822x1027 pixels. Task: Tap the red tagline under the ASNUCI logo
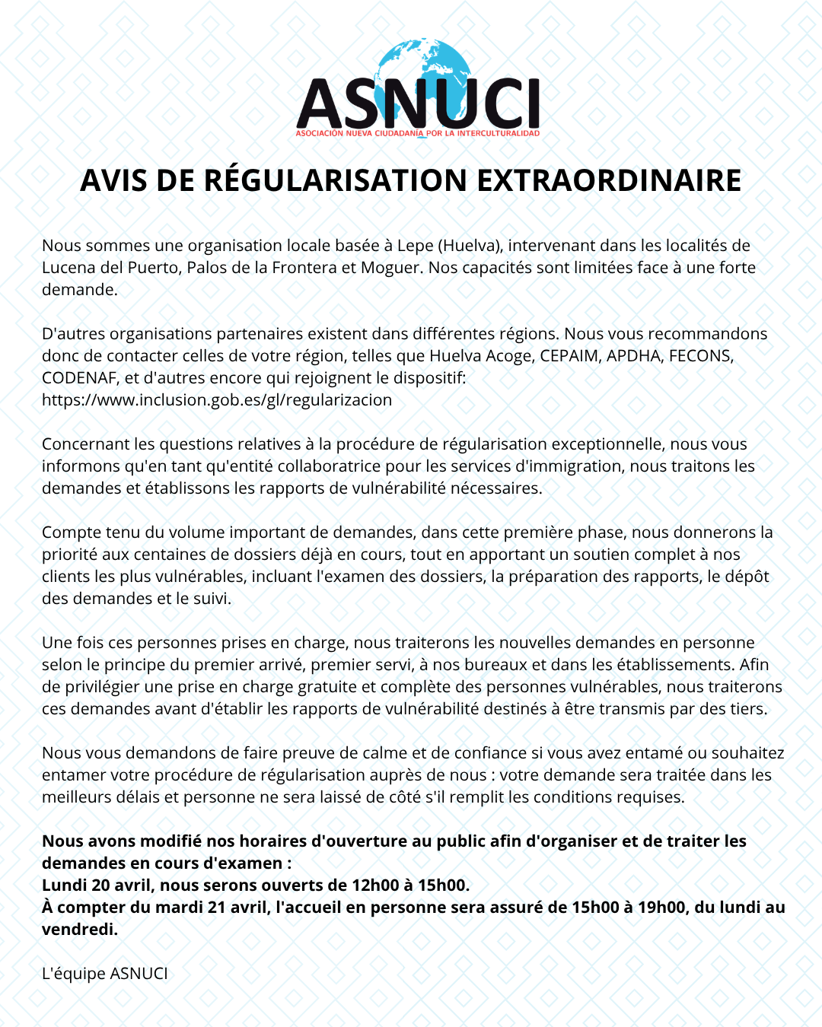417,134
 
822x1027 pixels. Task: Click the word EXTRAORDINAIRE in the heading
609,181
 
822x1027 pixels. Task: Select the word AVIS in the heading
113,181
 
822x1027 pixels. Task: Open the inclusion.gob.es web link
217,400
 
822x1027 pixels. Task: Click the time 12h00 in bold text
375,886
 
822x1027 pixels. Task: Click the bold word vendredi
78,930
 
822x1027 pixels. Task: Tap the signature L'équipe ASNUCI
105,974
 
